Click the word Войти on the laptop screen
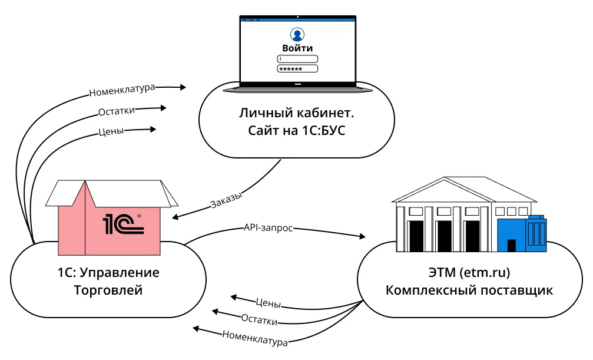[x=297, y=48]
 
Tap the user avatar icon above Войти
[x=297, y=34]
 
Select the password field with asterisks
[x=297, y=68]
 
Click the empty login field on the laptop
[x=297, y=58]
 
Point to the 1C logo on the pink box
[x=124, y=224]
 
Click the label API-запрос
[x=268, y=227]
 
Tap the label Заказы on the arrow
[x=226, y=201]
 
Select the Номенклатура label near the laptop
[x=122, y=90]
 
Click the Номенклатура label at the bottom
[x=255, y=338]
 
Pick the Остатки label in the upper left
[x=117, y=111]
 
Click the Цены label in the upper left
[x=111, y=131]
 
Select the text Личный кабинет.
[x=297, y=112]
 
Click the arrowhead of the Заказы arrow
[x=175, y=217]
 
